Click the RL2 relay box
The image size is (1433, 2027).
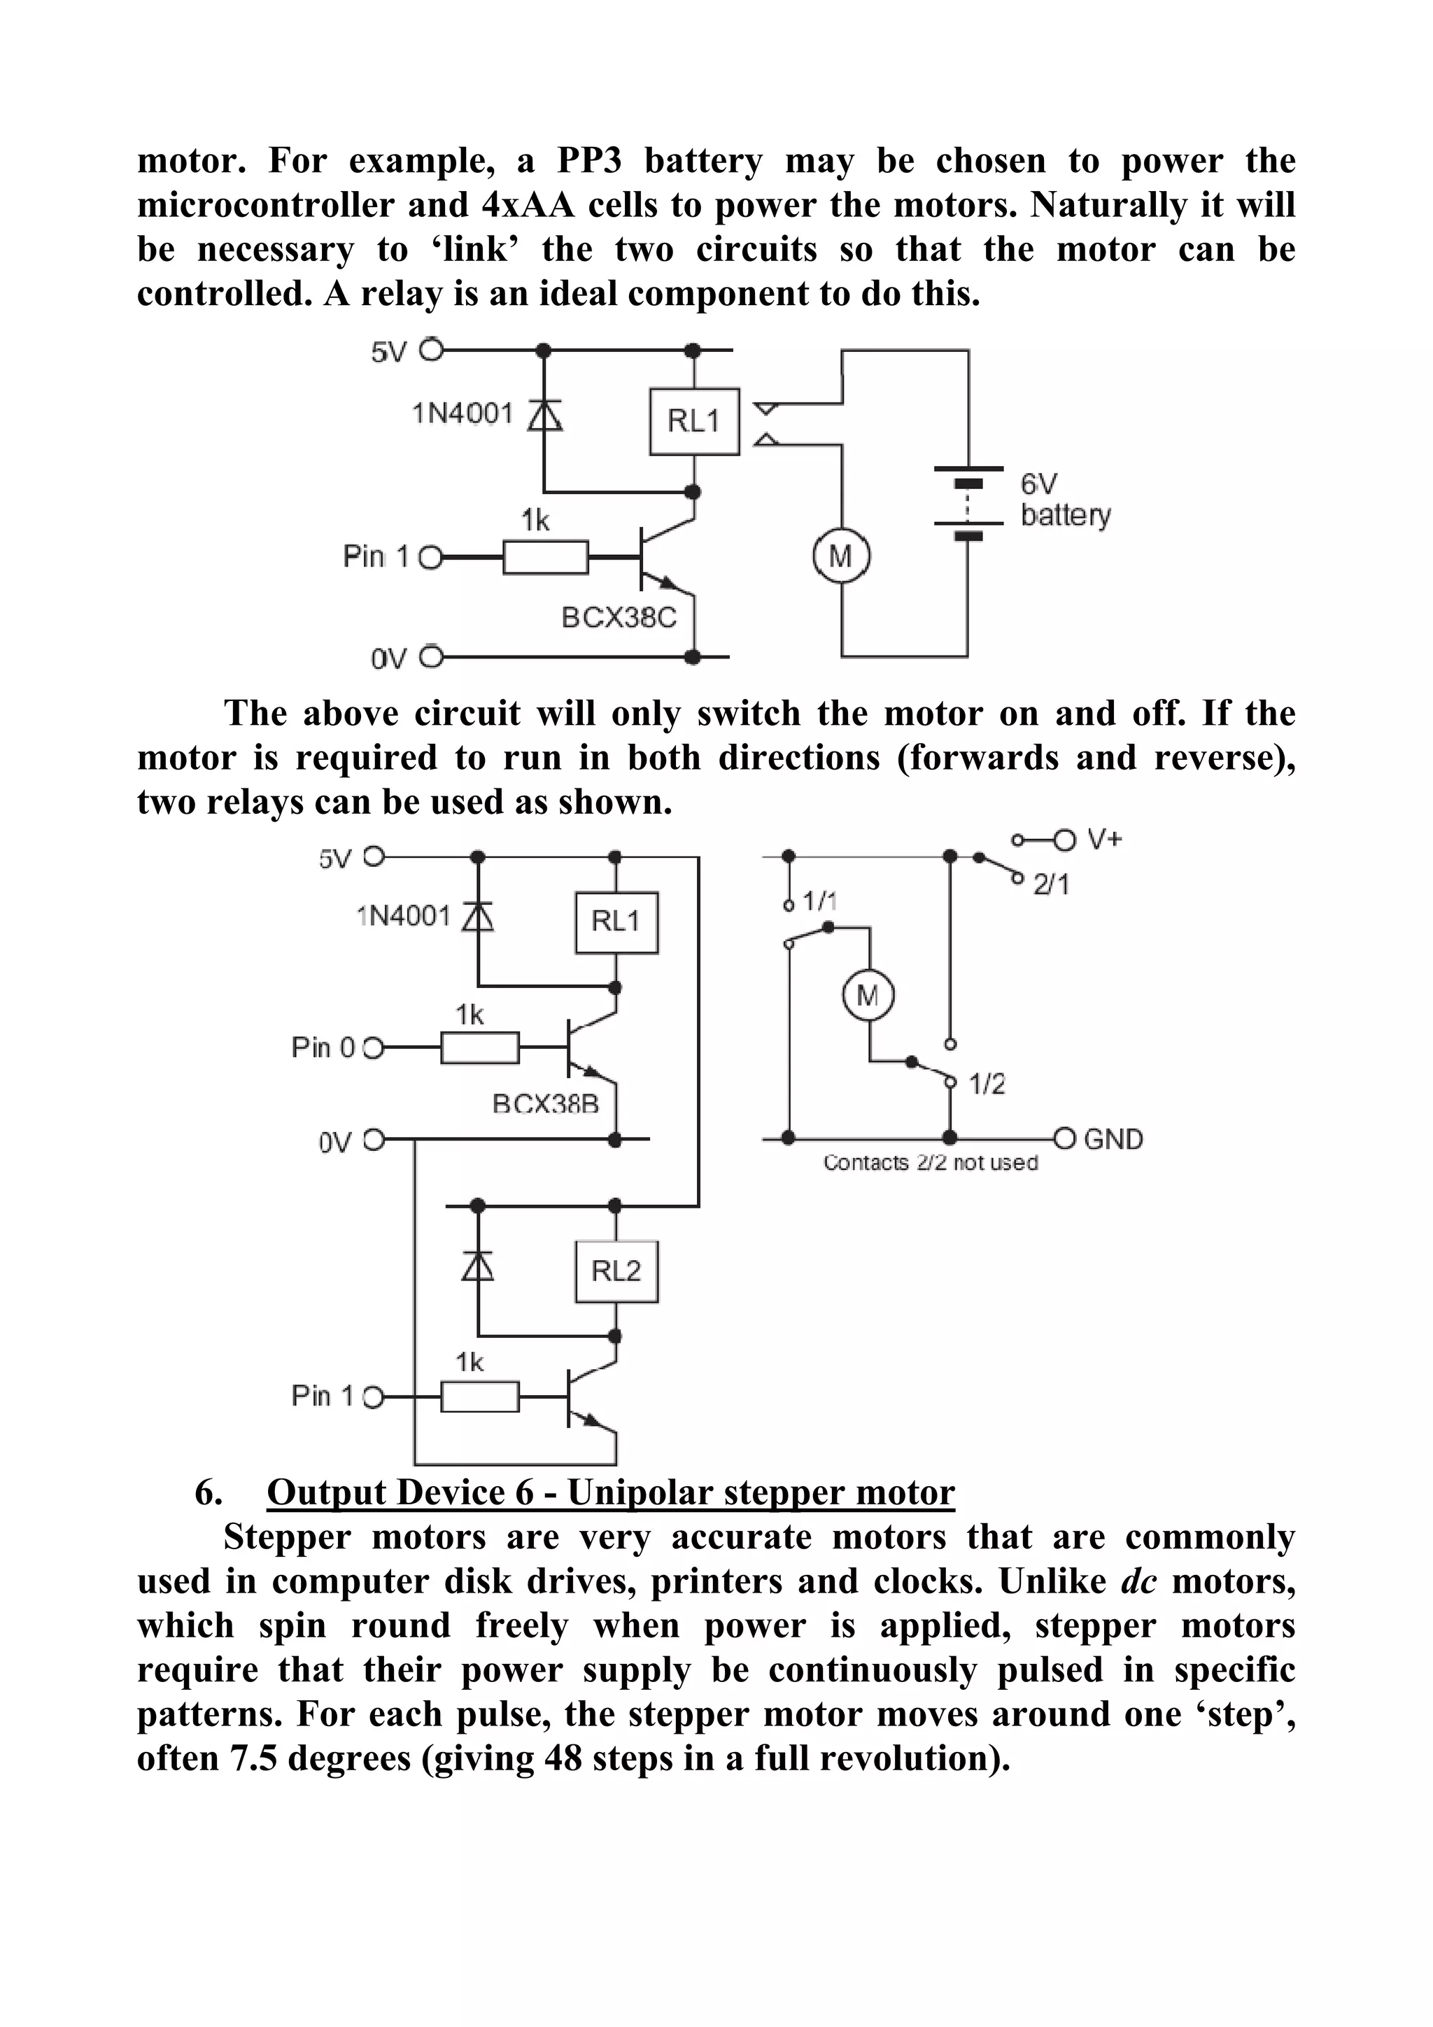pyautogui.click(x=616, y=1271)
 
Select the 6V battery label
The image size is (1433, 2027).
pyautogui.click(x=1065, y=500)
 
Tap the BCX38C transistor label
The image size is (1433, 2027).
pyautogui.click(x=619, y=617)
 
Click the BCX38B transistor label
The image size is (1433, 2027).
pyautogui.click(x=545, y=1103)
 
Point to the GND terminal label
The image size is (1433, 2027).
pyautogui.click(x=1113, y=1139)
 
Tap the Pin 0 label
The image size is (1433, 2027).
pyautogui.click(x=323, y=1048)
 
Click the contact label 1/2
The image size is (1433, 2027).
pyautogui.click(x=987, y=1083)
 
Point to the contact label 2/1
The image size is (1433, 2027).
pyautogui.click(x=1052, y=884)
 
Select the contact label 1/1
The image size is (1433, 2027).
pyautogui.click(x=819, y=901)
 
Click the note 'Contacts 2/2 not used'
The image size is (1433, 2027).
pyautogui.click(x=930, y=1163)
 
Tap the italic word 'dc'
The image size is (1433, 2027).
pyautogui.click(x=1138, y=1581)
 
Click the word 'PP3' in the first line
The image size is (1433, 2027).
pyautogui.click(x=589, y=162)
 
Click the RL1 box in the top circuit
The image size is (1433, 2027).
pyautogui.click(x=694, y=421)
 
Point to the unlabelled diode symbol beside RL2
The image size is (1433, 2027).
pyautogui.click(x=478, y=1268)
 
